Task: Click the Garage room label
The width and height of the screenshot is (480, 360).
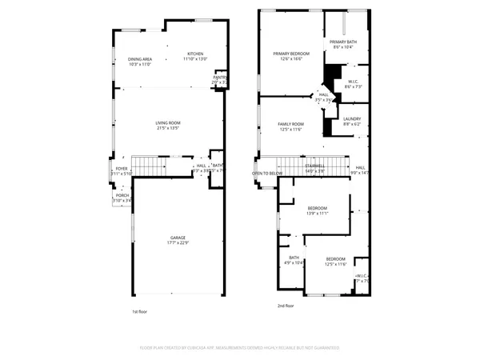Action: (178, 238)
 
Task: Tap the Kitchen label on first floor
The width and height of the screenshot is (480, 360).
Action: (195, 54)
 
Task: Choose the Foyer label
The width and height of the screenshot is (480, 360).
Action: (122, 168)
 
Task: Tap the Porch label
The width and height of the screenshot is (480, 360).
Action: (122, 195)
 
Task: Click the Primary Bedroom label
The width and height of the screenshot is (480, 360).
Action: (290, 54)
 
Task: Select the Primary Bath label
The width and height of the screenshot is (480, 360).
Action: (346, 42)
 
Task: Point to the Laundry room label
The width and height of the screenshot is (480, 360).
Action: (352, 118)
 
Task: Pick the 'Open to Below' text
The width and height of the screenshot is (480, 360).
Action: (267, 173)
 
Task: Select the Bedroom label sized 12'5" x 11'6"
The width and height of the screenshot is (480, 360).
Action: (335, 259)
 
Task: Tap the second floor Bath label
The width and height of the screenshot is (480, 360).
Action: (294, 258)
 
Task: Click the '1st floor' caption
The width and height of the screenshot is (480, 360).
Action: (140, 312)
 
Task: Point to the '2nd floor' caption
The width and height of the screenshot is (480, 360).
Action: (286, 306)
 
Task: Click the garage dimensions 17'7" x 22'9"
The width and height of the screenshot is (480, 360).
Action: (178, 243)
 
